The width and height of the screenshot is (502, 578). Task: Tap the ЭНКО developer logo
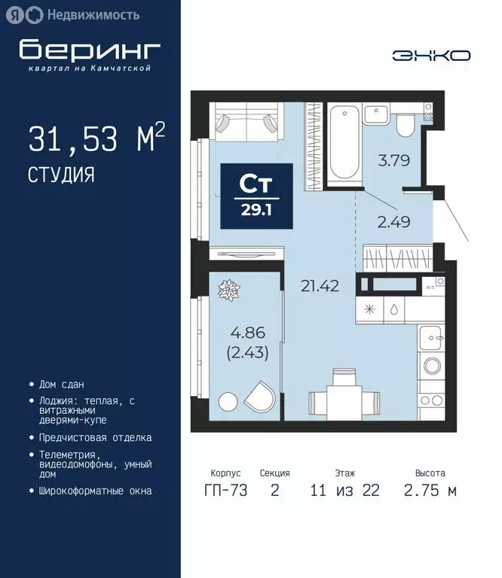(432, 56)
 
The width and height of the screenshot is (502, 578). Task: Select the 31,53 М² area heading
(96, 139)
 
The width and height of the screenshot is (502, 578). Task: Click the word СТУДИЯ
(62, 175)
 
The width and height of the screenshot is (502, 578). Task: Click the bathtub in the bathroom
(344, 143)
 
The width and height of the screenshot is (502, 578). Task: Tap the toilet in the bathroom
(406, 123)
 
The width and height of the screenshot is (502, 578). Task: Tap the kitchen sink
(433, 339)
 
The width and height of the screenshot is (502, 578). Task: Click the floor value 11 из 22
(344, 491)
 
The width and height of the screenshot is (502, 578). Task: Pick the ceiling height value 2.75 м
(430, 491)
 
